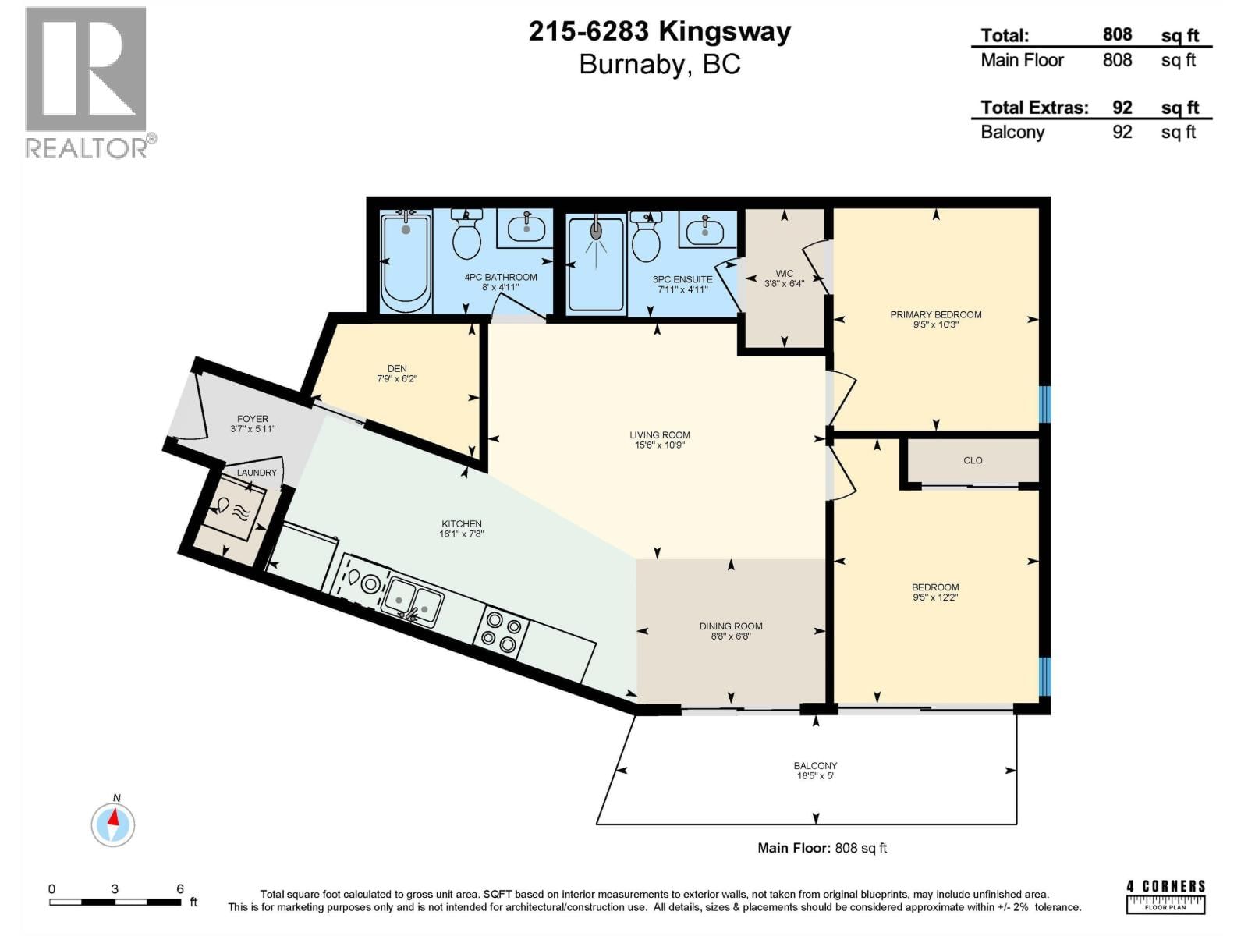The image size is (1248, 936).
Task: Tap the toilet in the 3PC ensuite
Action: coord(646,239)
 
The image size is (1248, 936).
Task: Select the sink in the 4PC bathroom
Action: coord(527,229)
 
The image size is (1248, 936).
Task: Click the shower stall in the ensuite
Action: coord(597,264)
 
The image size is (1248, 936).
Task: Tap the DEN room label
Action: coord(397,368)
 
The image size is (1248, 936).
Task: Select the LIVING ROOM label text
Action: coord(660,435)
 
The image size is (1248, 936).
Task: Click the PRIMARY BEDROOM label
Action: coord(935,314)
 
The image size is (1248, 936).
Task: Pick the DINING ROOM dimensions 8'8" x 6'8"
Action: coord(731,636)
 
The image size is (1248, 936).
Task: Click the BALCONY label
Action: coord(815,766)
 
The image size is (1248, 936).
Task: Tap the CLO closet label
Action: coord(973,460)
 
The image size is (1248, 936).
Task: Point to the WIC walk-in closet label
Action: coord(784,274)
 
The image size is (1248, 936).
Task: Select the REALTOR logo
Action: coord(87,82)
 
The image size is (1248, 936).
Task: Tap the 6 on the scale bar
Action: coord(180,888)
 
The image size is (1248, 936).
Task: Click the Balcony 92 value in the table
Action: coord(1122,132)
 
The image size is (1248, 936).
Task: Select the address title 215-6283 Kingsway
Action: coord(660,32)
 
